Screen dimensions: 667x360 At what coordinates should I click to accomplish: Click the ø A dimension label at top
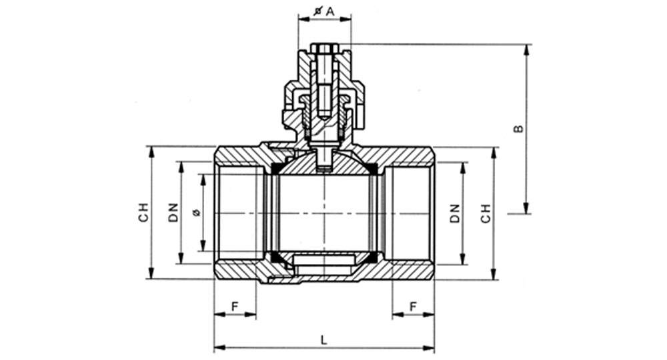(324, 11)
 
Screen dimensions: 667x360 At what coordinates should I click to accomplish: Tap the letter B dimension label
(518, 129)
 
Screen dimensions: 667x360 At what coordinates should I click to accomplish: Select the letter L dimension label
(324, 339)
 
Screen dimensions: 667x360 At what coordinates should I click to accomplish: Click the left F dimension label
(235, 306)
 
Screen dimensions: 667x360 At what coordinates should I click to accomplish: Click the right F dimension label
(413, 306)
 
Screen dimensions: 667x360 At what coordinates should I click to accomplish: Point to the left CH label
(144, 212)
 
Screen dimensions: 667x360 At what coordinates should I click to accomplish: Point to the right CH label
(486, 213)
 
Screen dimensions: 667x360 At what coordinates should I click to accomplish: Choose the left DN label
(173, 213)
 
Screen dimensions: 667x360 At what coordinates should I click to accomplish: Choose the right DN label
(455, 213)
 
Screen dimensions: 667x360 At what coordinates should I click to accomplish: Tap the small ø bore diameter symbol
(196, 213)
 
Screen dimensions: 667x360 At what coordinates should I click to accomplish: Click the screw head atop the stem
(325, 47)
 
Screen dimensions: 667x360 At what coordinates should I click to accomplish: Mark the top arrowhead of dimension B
(527, 50)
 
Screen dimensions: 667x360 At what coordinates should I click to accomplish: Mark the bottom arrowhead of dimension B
(527, 207)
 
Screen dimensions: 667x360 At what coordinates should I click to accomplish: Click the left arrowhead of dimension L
(219, 348)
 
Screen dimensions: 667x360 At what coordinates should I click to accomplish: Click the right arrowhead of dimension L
(428, 348)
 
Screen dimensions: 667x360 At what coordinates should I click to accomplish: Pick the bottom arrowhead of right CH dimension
(494, 274)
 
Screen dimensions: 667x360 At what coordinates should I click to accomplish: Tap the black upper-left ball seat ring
(275, 168)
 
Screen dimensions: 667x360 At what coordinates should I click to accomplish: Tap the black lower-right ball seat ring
(372, 256)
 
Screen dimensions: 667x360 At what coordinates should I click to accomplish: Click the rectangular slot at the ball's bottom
(323, 259)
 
